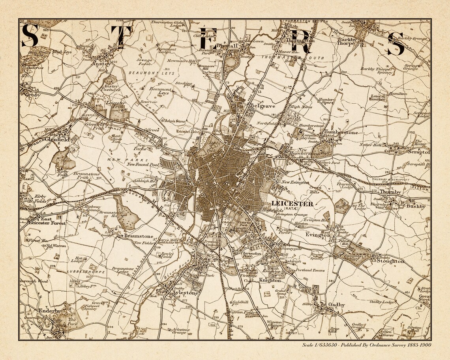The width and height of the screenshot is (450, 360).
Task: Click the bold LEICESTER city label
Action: click(292, 204)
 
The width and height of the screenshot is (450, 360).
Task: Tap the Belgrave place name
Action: click(262, 106)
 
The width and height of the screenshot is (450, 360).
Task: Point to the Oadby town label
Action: click(336, 305)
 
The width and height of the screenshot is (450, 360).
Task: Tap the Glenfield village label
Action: click(57, 140)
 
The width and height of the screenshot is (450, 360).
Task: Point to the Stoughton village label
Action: click(390, 261)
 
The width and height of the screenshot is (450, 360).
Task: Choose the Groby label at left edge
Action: click(33, 95)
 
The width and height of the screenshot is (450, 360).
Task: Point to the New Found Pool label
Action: click(142, 164)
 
